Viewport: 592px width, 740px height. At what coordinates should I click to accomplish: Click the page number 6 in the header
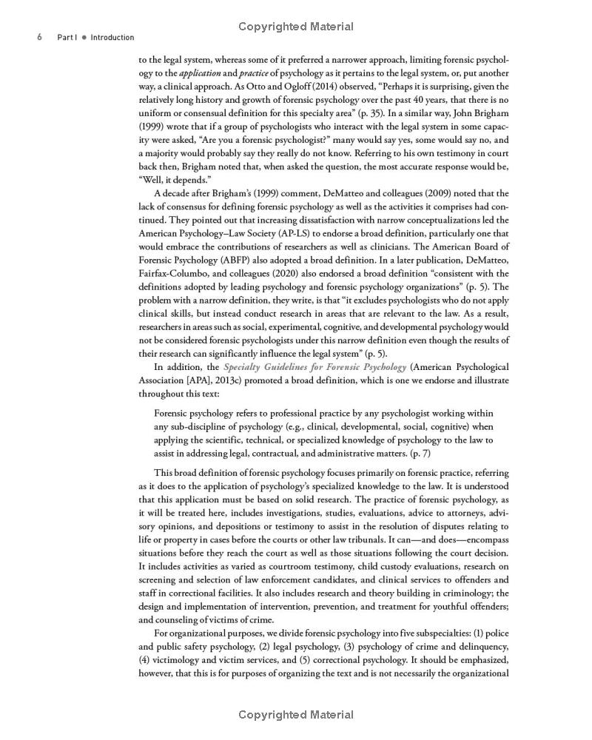(38, 38)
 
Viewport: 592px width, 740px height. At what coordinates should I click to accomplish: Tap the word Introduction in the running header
(112, 38)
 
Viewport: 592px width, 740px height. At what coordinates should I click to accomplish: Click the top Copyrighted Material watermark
(296, 27)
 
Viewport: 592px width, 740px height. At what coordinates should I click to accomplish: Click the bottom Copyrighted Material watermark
(296, 715)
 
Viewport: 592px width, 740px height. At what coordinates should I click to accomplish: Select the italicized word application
(200, 73)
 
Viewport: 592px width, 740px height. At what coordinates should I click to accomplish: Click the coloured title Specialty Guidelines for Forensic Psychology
(314, 367)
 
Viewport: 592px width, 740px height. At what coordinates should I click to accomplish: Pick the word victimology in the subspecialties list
(178, 659)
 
